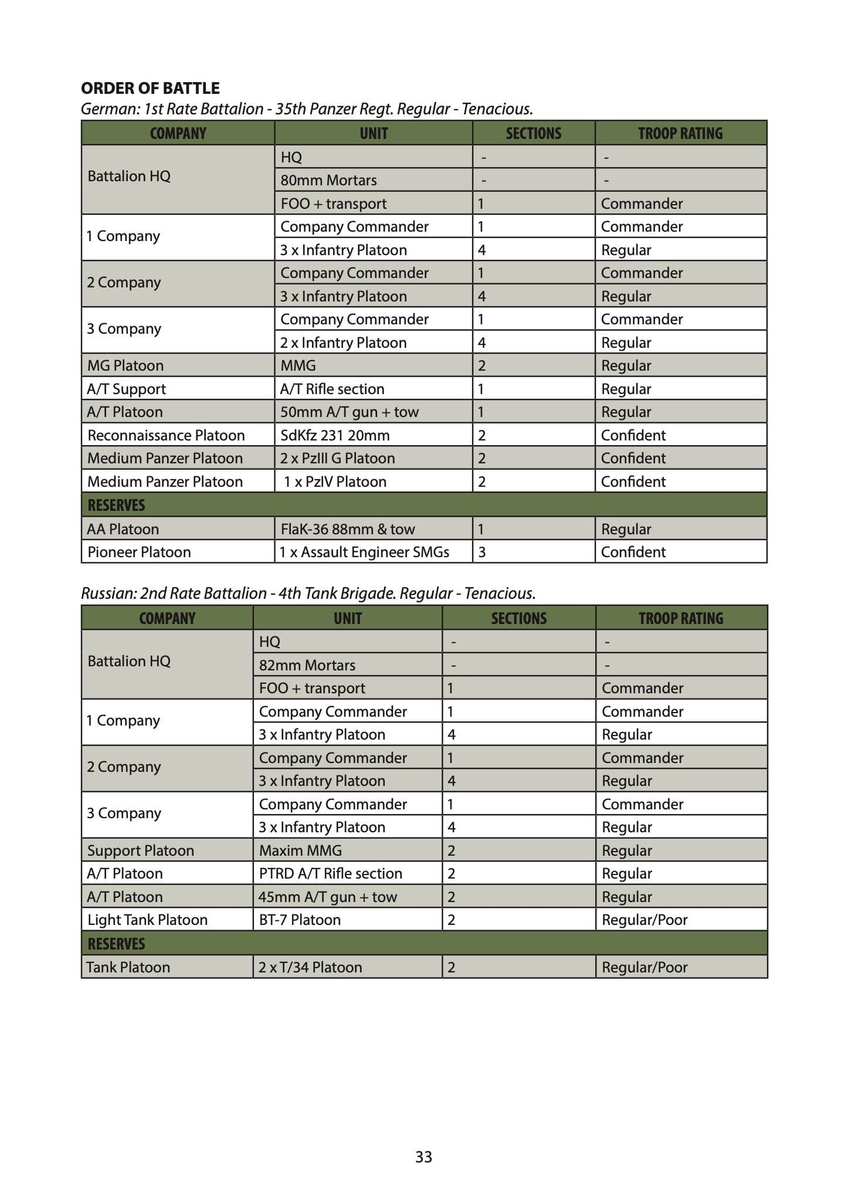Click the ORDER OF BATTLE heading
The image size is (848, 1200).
tap(150, 89)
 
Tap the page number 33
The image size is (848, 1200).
tap(423, 1157)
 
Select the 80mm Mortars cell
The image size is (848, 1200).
tap(328, 180)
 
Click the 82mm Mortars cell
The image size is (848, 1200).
tap(307, 665)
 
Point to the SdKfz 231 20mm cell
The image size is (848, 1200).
tap(335, 435)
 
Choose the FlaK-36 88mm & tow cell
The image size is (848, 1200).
tap(347, 529)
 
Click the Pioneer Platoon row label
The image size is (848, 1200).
tap(139, 552)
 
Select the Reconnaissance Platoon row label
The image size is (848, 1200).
tap(166, 435)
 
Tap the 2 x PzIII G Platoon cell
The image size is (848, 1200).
tap(337, 458)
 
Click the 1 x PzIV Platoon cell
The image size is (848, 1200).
tap(335, 482)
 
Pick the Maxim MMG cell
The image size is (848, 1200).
tap(300, 850)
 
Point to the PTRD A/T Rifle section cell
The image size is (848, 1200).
tap(331, 873)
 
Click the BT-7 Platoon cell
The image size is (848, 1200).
tap(300, 920)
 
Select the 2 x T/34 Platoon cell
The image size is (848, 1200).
tap(310, 967)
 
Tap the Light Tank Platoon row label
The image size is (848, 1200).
tap(147, 920)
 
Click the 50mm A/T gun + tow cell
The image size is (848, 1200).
tap(350, 412)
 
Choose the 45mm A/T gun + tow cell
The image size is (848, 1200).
tap(328, 897)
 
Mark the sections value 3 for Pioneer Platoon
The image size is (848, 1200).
tap(482, 552)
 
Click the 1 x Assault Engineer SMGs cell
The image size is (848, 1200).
tap(364, 552)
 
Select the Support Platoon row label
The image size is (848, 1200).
tap(140, 850)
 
